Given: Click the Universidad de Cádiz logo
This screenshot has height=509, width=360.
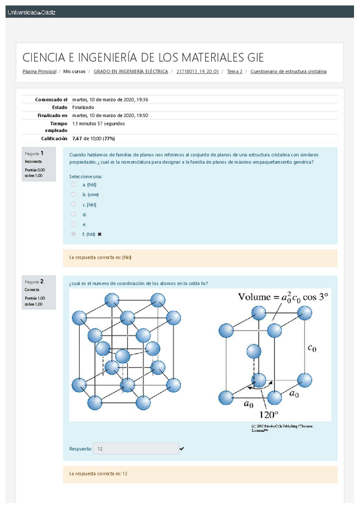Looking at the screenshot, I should (x=31, y=12).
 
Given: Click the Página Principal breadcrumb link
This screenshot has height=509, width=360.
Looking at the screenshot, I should (x=39, y=71).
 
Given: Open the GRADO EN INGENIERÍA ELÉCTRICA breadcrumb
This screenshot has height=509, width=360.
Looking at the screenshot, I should (x=131, y=71).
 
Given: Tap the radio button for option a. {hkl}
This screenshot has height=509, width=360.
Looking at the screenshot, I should (x=73, y=185).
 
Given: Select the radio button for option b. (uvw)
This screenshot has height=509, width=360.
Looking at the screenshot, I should (x=73, y=194).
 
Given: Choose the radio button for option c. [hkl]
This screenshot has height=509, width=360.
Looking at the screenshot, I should (x=73, y=204).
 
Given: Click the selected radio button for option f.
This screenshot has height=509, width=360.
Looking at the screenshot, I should (x=73, y=233).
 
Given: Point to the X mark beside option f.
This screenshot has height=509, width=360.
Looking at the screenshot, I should (x=100, y=233).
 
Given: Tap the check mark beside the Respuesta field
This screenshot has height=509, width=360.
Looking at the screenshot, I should (x=182, y=448).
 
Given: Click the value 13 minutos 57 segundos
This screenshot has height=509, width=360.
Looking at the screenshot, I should (x=98, y=124).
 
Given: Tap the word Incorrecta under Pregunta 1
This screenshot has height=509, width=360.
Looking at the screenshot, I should (x=34, y=161).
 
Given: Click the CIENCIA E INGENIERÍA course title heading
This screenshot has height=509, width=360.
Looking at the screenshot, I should (x=143, y=58).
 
